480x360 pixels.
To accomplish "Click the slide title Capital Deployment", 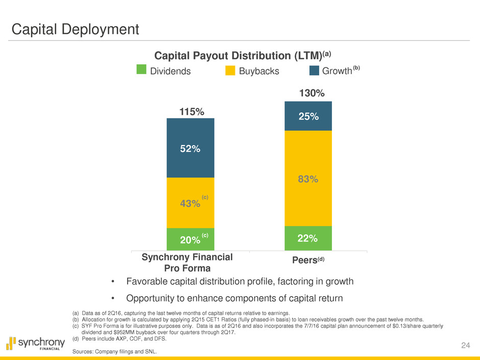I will click(76, 29).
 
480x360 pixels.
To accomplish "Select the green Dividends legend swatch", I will click(142, 69).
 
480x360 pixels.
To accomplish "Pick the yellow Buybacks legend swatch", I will click(230, 69).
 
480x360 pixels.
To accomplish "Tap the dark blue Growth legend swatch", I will click(314, 69).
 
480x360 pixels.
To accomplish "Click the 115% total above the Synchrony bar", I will click(190, 111).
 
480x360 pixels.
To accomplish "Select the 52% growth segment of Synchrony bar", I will click(190, 148).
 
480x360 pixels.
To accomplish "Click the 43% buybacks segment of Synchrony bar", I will click(190, 203).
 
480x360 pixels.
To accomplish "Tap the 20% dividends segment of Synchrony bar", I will click(190, 239).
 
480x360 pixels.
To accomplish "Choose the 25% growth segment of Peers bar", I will click(308, 116).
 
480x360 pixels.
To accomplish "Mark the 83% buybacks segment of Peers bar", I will click(308, 178).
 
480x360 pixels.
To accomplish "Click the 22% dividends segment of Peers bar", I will click(308, 238).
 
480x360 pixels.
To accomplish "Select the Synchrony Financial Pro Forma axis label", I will click(187, 262).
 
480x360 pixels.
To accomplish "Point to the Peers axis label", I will click(308, 260).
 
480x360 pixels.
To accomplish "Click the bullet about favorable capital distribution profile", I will click(232, 281).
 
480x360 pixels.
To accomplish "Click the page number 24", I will click(465, 346).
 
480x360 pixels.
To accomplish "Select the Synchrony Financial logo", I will click(36, 343).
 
